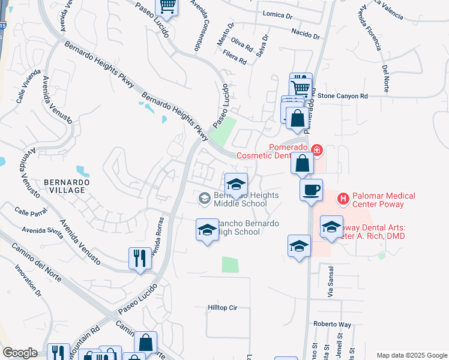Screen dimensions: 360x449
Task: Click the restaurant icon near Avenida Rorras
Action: tap(140, 259)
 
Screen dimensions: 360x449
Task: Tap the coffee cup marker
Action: tap(311, 190)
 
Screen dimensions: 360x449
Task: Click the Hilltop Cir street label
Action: tap(223, 308)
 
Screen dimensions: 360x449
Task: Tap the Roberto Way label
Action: tap(332, 323)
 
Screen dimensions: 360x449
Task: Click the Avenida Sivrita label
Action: tap(41, 233)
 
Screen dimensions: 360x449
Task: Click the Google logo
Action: tap(20, 353)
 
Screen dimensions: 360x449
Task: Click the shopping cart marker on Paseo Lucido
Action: tap(167, 7)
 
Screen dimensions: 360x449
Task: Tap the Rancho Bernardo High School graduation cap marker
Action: tap(207, 230)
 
